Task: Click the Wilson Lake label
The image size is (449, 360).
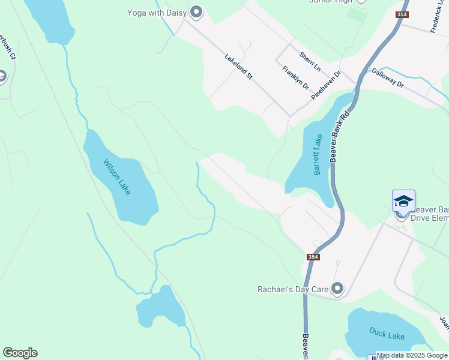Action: pos(116,176)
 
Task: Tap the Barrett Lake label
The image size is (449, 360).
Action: pos(318,154)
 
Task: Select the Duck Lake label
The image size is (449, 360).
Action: pos(387,336)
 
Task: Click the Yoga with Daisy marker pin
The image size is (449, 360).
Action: pos(196,12)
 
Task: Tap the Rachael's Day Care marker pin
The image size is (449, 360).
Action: pos(337,289)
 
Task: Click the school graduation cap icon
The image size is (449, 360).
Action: pos(403,201)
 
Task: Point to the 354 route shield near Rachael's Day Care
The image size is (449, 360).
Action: pos(313,257)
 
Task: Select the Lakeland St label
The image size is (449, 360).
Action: pos(240,68)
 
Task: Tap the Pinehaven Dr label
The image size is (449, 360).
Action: pos(326,85)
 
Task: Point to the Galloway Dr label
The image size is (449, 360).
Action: pos(388,78)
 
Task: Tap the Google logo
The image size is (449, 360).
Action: pos(20,353)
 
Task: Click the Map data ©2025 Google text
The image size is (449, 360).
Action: pos(412,355)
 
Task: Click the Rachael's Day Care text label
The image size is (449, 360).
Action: pos(293,289)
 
